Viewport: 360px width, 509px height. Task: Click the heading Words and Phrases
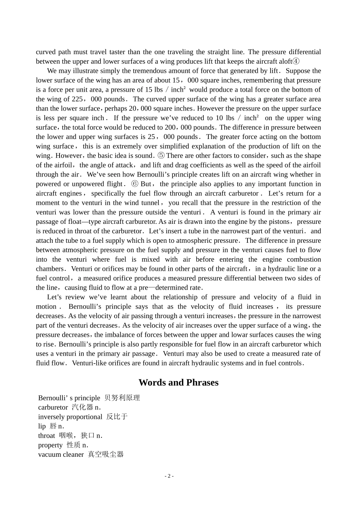pos(178,383)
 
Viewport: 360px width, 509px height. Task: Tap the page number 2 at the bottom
pos(169,476)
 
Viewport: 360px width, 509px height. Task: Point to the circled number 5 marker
pos(161,156)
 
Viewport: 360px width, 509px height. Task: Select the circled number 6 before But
pos(135,184)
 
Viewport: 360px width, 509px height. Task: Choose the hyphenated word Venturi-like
pos(89,363)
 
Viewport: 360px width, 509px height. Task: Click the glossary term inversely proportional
pos(70,417)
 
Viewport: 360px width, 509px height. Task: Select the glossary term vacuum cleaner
pos(61,454)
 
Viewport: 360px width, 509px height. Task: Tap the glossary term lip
pos(42,426)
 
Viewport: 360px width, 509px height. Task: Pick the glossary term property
pos(50,445)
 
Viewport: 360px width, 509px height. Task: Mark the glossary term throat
pos(47,436)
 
